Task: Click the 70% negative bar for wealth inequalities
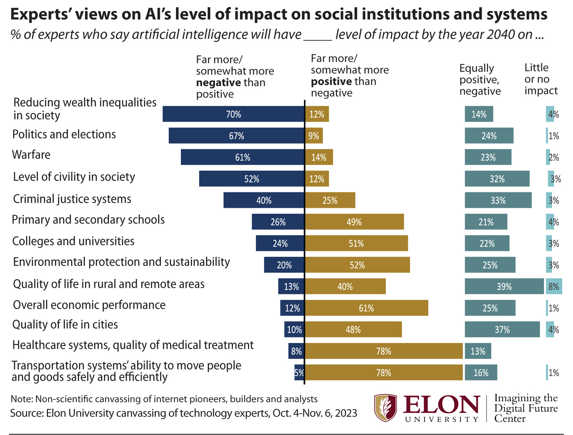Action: [233, 114]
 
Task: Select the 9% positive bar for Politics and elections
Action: [314, 136]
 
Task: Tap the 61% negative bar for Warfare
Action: [243, 157]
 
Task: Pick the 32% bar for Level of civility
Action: [497, 179]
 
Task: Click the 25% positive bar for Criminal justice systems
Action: [330, 200]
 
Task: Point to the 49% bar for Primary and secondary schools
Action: [354, 222]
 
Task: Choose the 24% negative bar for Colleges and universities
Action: [280, 243]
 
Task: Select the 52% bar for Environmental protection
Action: [357, 265]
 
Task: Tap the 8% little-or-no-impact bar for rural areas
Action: [554, 286]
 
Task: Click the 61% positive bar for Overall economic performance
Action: [366, 308]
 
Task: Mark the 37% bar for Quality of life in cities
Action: [502, 330]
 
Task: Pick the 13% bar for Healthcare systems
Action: [478, 351]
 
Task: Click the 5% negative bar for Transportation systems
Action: [299, 373]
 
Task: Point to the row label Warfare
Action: [31, 155]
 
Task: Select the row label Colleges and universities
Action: [73, 241]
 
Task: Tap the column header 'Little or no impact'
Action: [541, 79]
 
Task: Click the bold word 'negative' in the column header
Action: [218, 83]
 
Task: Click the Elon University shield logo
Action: [386, 408]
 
